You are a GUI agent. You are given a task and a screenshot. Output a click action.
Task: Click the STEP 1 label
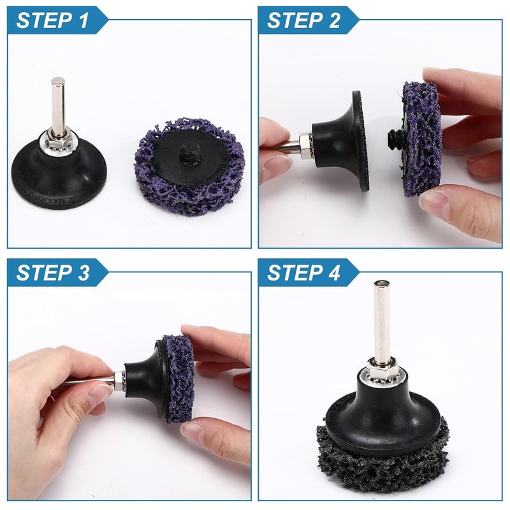[x=52, y=20]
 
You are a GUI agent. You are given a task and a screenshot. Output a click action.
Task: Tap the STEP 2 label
[x=303, y=20]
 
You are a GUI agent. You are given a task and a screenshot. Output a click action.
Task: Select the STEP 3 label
[x=52, y=272]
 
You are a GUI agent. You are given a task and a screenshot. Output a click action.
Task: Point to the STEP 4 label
[x=303, y=272]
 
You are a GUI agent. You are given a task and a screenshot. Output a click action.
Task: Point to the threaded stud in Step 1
[x=191, y=150]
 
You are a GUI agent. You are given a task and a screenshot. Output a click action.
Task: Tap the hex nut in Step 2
[x=306, y=146]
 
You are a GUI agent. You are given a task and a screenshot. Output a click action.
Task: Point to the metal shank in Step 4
[x=381, y=321]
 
